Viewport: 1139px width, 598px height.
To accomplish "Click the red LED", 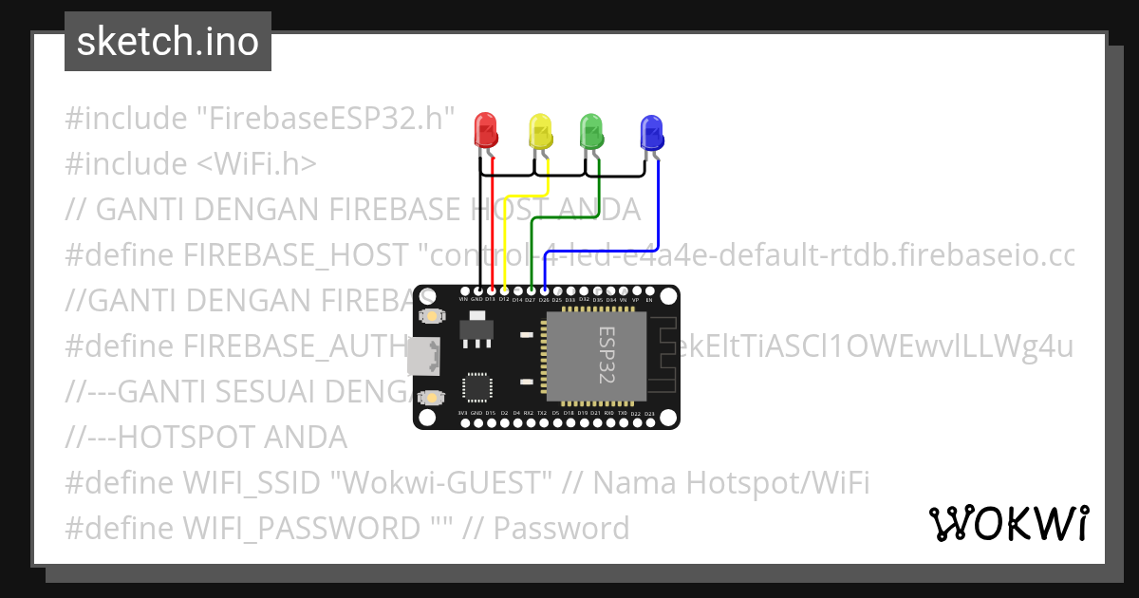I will coord(485,130).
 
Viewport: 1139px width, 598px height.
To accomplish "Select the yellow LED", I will coord(539,130).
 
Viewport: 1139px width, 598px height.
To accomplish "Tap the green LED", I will coord(591,130).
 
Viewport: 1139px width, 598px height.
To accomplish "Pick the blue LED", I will coord(651,133).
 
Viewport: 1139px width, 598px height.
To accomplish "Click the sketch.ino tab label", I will coord(168,42).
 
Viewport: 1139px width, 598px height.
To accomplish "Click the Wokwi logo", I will coord(1008,523).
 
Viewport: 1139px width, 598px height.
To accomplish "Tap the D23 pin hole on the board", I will coord(649,422).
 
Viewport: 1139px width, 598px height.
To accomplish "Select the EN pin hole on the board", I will coord(649,290).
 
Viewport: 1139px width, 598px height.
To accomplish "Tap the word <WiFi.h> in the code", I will coord(256,164).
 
